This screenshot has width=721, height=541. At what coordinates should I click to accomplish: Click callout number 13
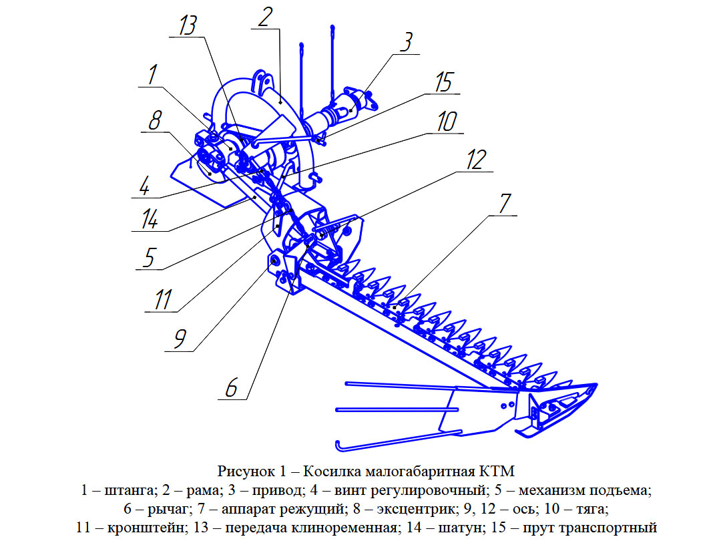tap(187, 25)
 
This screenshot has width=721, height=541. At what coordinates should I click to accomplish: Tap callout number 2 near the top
tap(265, 17)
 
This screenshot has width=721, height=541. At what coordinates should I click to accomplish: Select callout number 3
tap(406, 42)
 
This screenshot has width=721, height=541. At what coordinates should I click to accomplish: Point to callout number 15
tap(444, 82)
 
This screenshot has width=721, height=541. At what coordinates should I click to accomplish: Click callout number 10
tap(447, 122)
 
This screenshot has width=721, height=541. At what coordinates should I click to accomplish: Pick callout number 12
tap(476, 160)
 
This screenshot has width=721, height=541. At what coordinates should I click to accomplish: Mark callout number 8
tap(155, 120)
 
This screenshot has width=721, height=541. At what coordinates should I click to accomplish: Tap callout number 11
tap(163, 300)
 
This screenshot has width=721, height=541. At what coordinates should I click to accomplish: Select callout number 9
tap(180, 339)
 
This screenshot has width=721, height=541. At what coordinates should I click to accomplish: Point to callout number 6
tap(231, 388)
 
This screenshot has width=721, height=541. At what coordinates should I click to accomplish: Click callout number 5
tap(149, 257)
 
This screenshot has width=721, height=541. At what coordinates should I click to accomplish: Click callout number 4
tap(145, 186)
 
